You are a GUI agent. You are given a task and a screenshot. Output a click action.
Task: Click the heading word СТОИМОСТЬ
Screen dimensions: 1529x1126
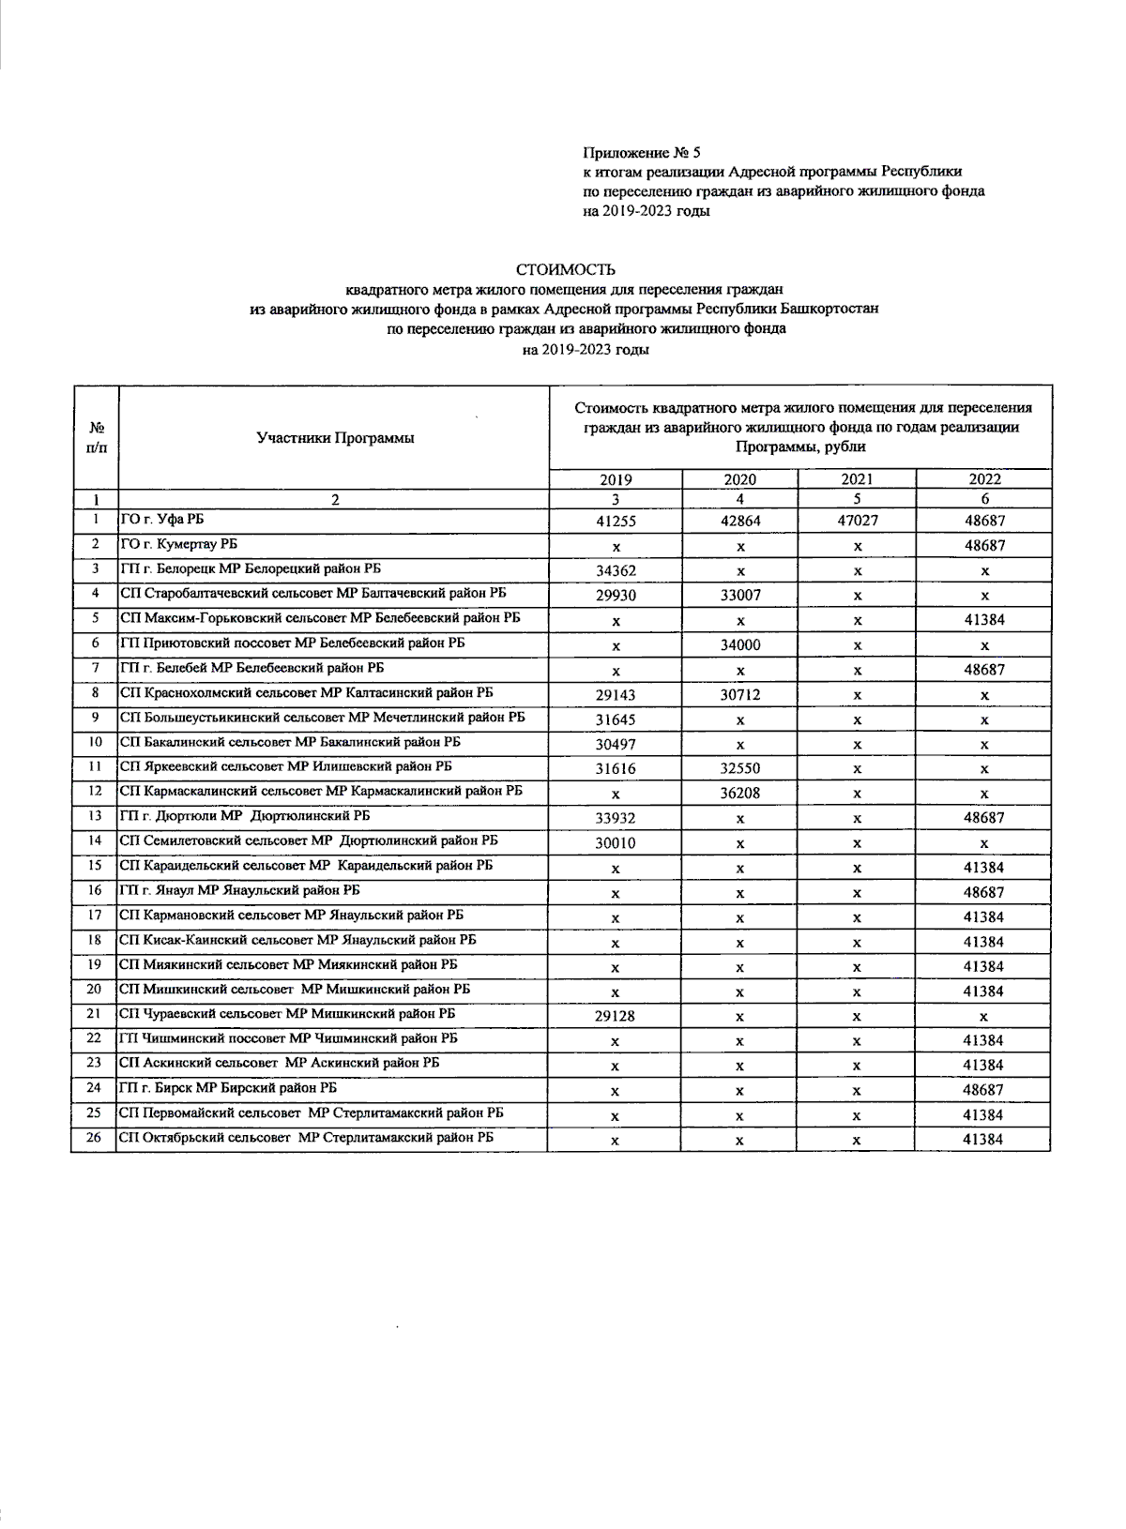pos(565,271)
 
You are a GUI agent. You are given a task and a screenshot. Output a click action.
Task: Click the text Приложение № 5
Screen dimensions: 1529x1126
pos(642,152)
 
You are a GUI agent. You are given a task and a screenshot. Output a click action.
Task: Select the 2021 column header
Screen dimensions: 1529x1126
pos(857,479)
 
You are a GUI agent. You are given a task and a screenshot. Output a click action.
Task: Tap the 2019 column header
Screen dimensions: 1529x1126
pos(616,479)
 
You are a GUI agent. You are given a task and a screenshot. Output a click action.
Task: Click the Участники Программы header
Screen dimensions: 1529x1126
pos(335,438)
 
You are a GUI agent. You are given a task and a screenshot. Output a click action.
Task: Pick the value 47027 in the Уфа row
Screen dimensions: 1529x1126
pos(857,521)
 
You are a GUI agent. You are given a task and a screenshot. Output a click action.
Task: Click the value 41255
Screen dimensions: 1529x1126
pos(616,521)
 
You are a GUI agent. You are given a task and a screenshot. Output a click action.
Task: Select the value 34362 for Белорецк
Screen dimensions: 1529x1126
pos(616,570)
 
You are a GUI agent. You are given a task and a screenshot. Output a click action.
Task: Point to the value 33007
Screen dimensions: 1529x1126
pos(740,595)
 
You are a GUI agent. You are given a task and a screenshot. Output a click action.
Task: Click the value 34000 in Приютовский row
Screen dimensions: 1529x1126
pos(740,644)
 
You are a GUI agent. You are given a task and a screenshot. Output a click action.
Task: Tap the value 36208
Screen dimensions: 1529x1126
pos(740,793)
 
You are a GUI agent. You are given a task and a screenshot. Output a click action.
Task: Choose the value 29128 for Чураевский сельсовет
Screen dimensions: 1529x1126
pos(616,1016)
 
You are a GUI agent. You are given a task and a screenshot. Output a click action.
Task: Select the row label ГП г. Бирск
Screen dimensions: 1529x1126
pos(228,1088)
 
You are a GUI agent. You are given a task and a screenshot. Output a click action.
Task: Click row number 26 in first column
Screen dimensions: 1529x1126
pos(94,1138)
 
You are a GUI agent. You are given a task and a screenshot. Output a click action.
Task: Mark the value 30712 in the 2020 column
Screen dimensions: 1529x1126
pos(740,694)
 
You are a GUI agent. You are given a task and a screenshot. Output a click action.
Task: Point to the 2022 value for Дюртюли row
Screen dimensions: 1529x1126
pos(983,818)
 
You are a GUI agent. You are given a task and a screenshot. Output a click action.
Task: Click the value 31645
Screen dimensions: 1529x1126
pos(616,719)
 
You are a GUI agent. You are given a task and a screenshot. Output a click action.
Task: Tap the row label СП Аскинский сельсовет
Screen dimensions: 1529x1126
pos(280,1063)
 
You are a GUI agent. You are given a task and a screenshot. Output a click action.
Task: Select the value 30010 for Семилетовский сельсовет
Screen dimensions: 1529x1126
pos(616,842)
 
